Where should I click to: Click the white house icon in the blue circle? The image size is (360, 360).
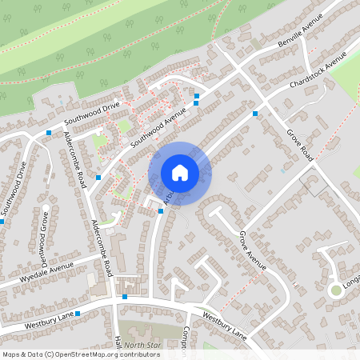[x=180, y=172]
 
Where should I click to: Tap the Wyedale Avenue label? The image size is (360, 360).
[x=47, y=270]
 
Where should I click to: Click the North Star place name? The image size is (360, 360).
[x=142, y=345]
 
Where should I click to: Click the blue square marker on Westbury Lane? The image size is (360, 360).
[x=125, y=297]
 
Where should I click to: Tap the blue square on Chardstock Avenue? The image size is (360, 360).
[x=255, y=114]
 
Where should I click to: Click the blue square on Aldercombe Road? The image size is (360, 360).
[x=98, y=178]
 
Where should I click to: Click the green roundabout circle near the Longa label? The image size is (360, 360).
[x=336, y=290]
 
